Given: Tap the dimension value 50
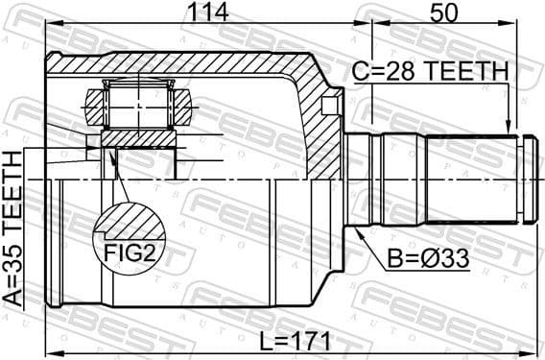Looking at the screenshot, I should pos(444,13).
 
